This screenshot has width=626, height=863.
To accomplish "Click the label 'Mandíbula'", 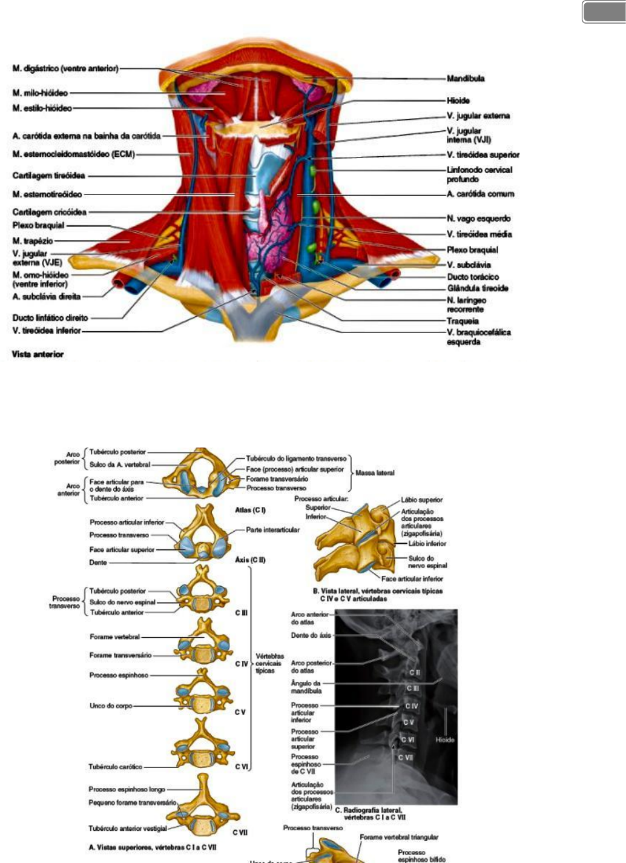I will coord(465,78).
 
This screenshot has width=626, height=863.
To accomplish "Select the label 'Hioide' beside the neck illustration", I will coord(458,101).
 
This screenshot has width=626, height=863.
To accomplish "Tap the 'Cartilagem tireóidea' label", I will coord(48,176).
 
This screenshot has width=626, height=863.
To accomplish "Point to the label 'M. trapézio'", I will coord(33,241).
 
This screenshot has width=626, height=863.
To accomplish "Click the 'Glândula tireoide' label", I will coord(477,288).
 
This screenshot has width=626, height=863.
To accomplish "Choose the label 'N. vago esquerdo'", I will coord(478,219).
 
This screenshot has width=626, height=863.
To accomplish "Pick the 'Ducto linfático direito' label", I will coord(50,318).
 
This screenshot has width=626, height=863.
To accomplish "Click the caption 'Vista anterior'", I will coord(38,354).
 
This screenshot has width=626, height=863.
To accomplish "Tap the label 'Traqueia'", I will coord(463,321).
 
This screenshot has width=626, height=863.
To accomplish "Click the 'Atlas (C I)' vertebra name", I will coord(250,510).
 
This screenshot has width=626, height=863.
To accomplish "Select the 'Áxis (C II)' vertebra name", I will coord(250,560).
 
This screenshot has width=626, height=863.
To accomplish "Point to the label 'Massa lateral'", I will coord(375,472).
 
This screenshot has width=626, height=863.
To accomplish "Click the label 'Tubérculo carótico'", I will coord(115,767).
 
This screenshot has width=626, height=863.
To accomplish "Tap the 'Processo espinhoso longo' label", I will coord(127,789).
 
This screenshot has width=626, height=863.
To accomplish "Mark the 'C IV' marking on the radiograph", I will coord(411,706).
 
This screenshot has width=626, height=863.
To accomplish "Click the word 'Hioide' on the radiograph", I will coord(444,739).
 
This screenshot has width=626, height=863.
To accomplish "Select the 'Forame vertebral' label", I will coord(114,637).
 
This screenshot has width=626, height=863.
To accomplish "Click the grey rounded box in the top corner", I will coord(604,12).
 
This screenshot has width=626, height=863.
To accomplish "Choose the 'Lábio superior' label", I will coord(421,500).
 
